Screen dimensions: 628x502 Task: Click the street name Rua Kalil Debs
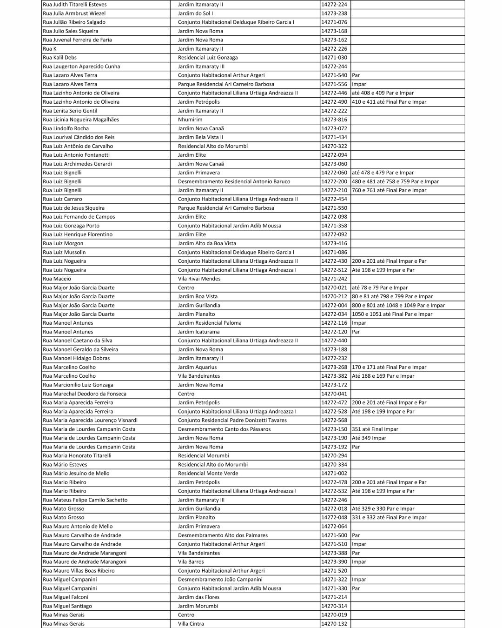(x=59, y=58)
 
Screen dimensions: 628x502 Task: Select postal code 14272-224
(x=334, y=5)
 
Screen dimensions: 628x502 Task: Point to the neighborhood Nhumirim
(x=190, y=120)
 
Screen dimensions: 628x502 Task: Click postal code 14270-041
(x=334, y=394)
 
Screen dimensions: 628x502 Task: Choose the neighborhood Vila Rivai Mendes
(x=199, y=279)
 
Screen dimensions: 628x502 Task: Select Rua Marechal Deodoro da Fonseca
(x=85, y=394)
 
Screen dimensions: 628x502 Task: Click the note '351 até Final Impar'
(x=375, y=429)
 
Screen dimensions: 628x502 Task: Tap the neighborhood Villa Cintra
(x=191, y=624)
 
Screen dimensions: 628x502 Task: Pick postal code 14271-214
(x=334, y=597)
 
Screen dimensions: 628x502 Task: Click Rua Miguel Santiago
(x=67, y=606)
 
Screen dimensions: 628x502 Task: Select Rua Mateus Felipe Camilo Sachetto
(x=85, y=500)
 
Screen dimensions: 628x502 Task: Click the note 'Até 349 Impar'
(x=369, y=438)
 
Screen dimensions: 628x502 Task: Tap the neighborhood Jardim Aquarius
(x=197, y=367)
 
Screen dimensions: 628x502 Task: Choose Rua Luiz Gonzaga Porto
(x=71, y=226)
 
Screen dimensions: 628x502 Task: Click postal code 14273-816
(x=334, y=120)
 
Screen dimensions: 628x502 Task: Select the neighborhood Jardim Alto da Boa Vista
(x=207, y=243)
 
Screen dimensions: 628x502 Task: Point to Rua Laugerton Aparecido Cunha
(x=81, y=67)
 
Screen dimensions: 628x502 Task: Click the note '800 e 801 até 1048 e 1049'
(x=398, y=305)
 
